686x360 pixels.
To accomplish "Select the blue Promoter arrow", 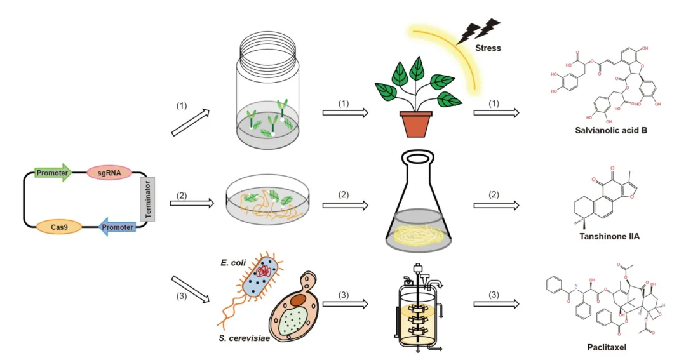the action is pos(118,227).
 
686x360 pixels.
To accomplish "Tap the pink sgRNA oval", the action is pos(109,172).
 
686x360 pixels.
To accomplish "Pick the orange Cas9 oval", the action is pos(59,227).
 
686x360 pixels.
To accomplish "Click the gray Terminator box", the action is pos(148,199).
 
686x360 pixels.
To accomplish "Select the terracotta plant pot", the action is pos(416,124).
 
